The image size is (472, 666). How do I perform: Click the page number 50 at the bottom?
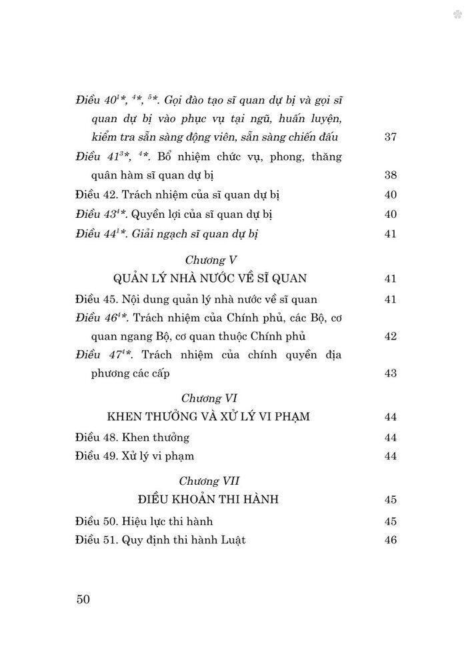83,598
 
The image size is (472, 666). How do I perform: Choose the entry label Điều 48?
95,438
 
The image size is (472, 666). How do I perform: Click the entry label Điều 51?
95,540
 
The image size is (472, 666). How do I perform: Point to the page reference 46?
391,540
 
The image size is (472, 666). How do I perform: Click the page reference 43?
391,374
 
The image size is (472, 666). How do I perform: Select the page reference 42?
391,336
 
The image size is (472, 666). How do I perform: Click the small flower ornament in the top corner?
457,14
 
